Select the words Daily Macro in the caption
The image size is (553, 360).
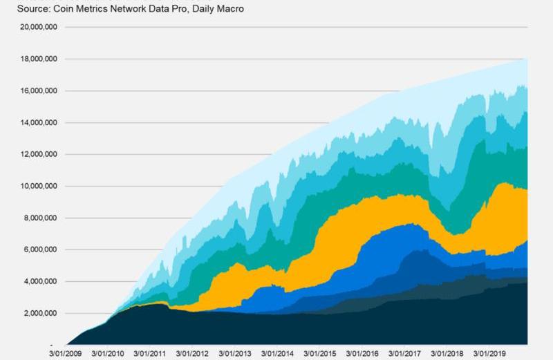[221, 9]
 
